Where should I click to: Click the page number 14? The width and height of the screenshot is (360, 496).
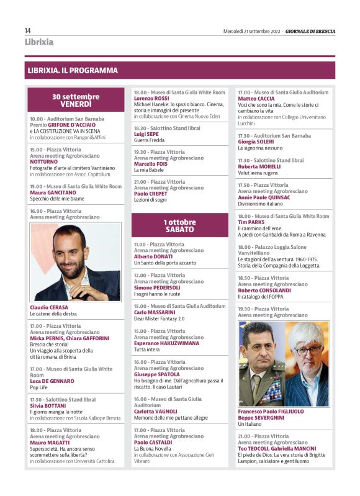[x=28, y=31]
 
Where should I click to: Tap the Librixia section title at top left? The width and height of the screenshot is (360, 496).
[x=39, y=42]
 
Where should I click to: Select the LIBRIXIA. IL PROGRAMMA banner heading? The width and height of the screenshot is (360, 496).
[x=73, y=71]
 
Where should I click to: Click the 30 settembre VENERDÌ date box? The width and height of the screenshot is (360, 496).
[x=76, y=100]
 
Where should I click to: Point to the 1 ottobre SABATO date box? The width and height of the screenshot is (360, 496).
[x=180, y=225]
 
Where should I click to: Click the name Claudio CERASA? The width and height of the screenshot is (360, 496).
[x=49, y=307]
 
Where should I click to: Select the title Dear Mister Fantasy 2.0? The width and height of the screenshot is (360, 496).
[x=160, y=318]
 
